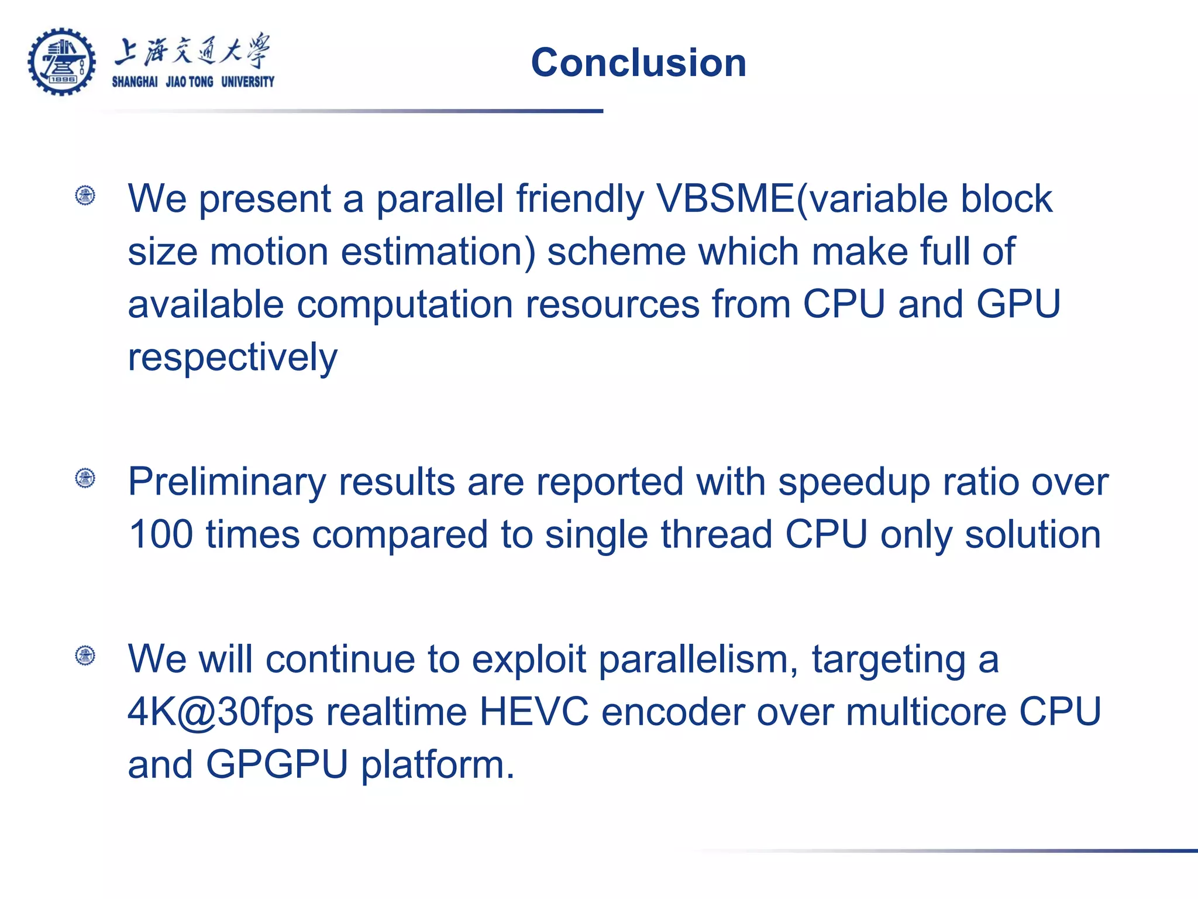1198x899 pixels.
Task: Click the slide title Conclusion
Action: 638,63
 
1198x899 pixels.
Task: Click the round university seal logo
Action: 61,62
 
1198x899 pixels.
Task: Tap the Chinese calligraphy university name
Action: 192,51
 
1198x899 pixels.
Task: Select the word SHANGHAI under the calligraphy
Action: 135,82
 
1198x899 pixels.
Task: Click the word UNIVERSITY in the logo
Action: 247,82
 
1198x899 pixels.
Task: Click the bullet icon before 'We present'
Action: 85,195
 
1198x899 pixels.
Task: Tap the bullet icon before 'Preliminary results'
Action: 85,478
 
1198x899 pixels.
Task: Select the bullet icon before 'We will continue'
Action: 85,656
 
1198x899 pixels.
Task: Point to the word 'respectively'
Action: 232,357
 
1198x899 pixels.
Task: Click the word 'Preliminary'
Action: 226,483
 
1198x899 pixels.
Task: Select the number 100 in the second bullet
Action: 160,534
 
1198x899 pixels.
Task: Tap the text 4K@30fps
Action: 220,712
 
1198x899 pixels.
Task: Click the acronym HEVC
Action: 533,712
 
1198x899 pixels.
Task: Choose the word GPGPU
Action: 277,764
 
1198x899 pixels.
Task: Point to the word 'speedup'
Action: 854,483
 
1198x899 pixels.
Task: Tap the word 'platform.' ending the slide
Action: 438,766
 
